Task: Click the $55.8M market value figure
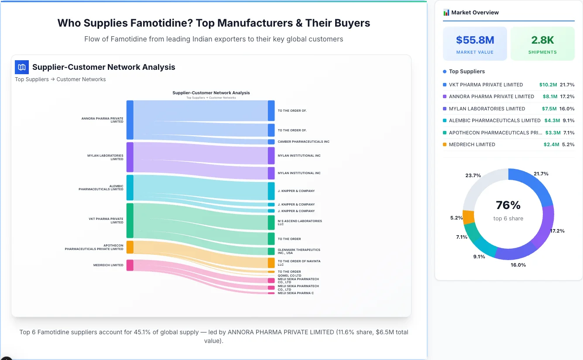click(x=475, y=40)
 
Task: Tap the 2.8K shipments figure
click(x=542, y=40)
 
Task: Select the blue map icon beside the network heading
click(x=21, y=67)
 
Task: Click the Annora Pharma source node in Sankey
click(x=130, y=120)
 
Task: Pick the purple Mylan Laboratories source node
click(x=130, y=157)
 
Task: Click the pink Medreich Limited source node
click(x=130, y=265)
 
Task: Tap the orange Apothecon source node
click(x=130, y=247)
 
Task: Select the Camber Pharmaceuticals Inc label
click(x=303, y=142)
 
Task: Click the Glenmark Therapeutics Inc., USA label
click(x=299, y=251)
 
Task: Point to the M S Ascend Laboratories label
click(x=300, y=223)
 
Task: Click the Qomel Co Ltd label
click(x=289, y=275)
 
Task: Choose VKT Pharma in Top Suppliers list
click(x=486, y=85)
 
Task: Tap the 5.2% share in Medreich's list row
click(x=568, y=144)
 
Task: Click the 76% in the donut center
click(x=508, y=205)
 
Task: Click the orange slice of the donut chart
click(x=468, y=217)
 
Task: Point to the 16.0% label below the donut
click(x=518, y=265)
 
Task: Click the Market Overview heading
click(x=475, y=13)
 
